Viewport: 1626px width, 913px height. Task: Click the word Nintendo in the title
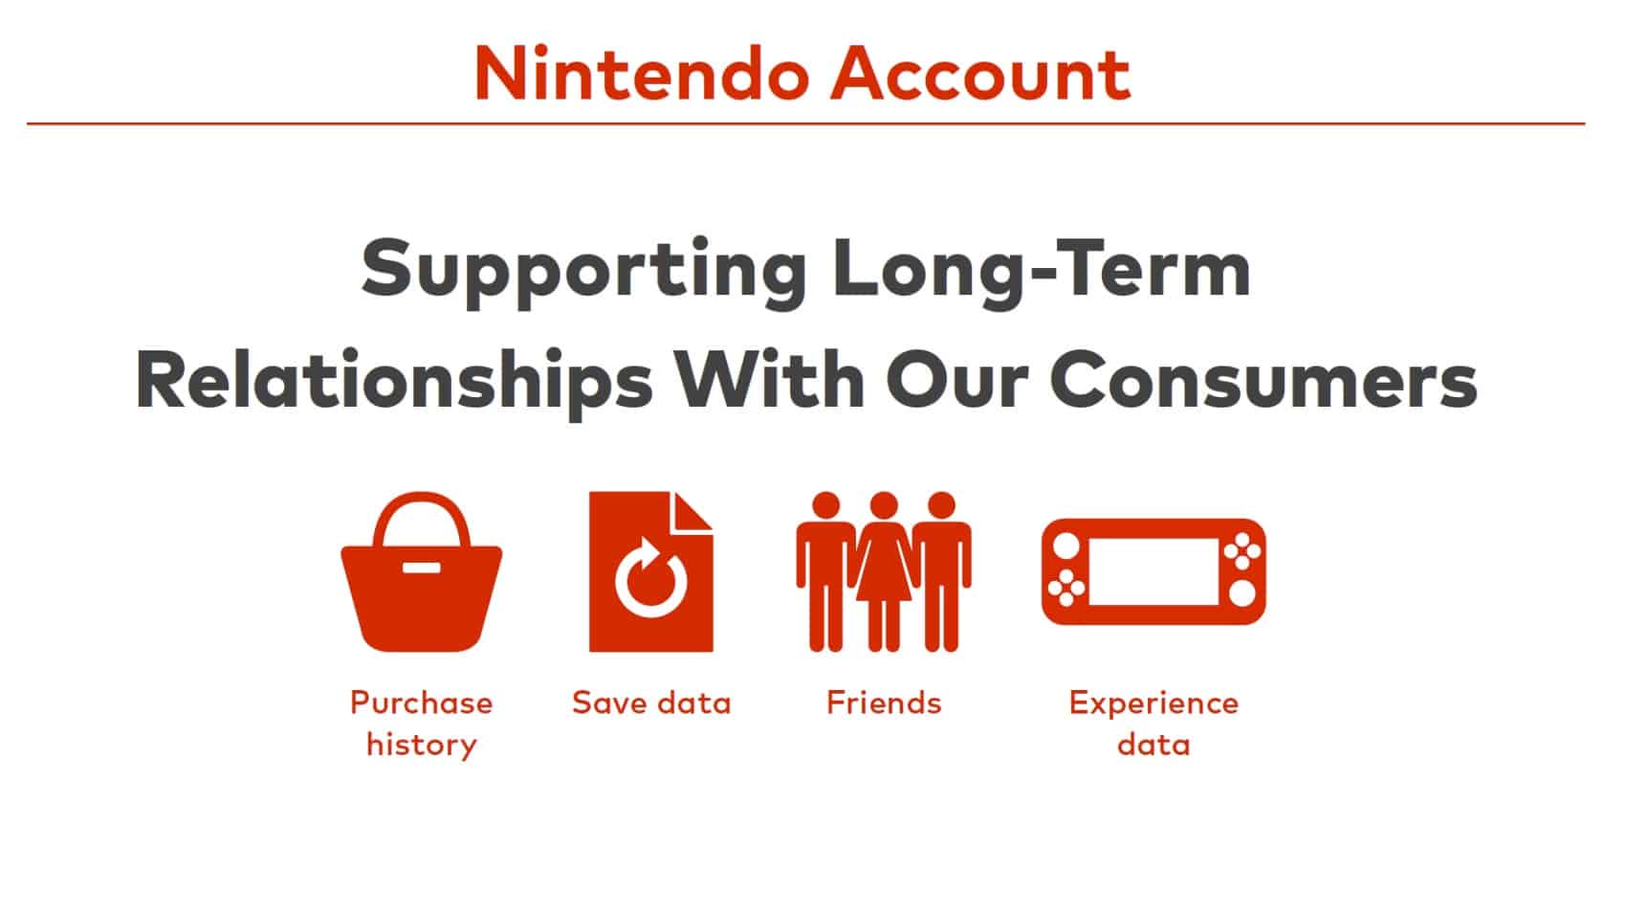(642, 74)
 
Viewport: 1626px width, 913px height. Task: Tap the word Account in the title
(980, 74)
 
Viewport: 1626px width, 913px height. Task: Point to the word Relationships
(394, 382)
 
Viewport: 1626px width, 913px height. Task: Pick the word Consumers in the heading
(1263, 379)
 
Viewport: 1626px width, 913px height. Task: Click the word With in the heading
(769, 379)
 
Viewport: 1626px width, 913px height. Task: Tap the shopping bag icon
(422, 572)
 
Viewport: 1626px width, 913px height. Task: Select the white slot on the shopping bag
(422, 568)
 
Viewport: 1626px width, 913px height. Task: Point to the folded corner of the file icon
(692, 513)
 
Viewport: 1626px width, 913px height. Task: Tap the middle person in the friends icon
(884, 571)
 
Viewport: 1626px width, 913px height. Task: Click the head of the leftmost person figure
(826, 504)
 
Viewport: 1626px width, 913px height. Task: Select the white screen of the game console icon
(1154, 571)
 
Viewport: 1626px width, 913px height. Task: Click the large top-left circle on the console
(1066, 546)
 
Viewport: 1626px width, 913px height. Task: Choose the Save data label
(651, 703)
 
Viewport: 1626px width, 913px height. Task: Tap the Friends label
(884, 703)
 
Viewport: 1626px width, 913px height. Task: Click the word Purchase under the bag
(421, 703)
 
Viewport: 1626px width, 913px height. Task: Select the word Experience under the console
(1154, 704)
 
